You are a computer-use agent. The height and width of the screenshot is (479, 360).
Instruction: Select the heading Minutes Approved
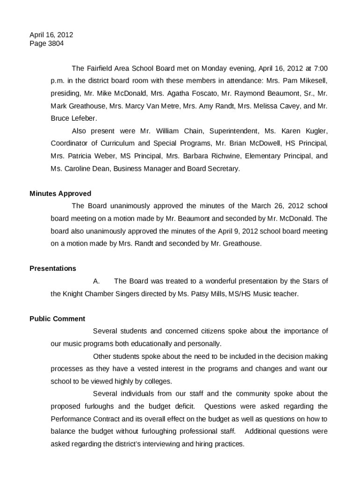pyautogui.click(x=60, y=194)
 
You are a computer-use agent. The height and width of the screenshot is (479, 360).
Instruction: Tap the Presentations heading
pyautogui.click(x=52, y=269)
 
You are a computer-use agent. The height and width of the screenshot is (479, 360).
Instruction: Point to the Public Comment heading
pyautogui.click(x=57, y=319)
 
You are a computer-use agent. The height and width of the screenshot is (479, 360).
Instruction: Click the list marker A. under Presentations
pyautogui.click(x=96, y=281)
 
